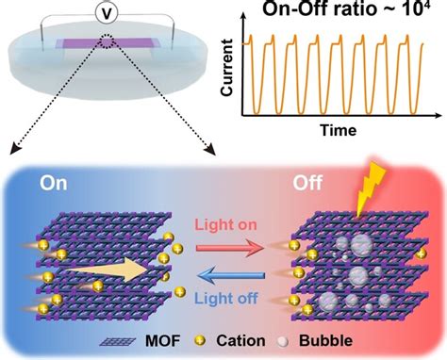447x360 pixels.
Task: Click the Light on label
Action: pyautogui.click(x=223, y=227)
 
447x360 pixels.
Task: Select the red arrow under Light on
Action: pyautogui.click(x=223, y=244)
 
